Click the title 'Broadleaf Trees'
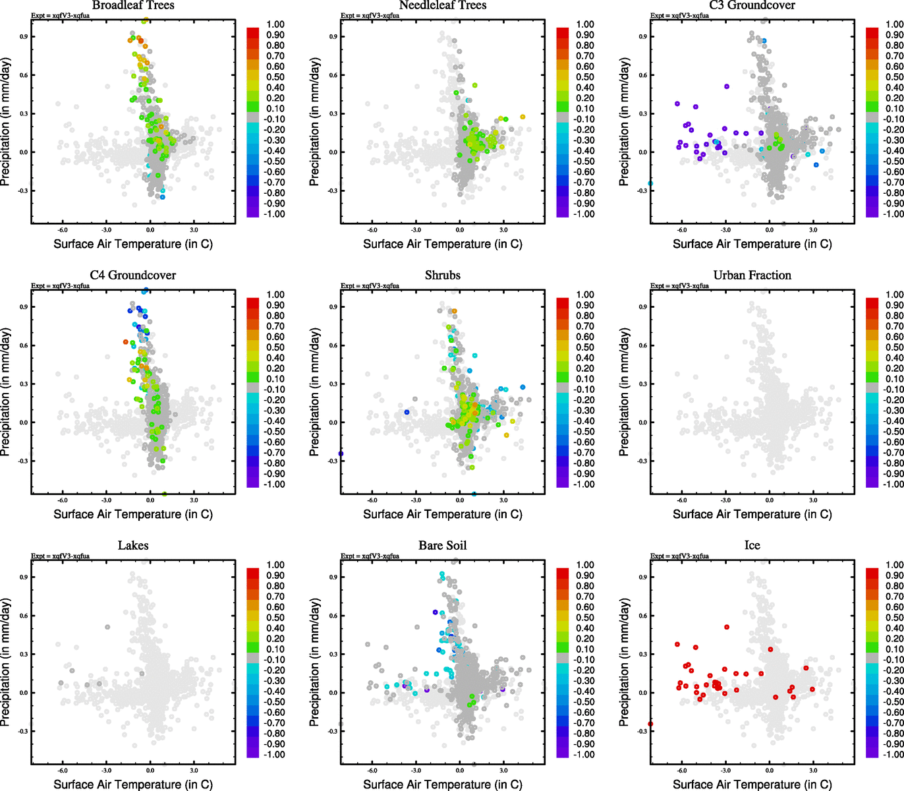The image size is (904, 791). click(x=133, y=5)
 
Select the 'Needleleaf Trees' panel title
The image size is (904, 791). click(x=443, y=5)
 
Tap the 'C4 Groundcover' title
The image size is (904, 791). click(x=133, y=276)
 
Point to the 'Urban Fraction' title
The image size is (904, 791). click(x=752, y=276)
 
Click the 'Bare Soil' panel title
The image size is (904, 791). click(x=443, y=546)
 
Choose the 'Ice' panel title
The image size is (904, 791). click(x=752, y=546)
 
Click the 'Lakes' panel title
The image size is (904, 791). click(x=133, y=546)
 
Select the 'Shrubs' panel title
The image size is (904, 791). click(x=443, y=276)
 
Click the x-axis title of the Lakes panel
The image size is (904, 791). click(x=133, y=784)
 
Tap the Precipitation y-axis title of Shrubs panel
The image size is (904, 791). click(x=314, y=393)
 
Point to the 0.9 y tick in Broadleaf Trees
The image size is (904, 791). click(x=24, y=36)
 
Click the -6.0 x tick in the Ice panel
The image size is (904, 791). click(x=682, y=771)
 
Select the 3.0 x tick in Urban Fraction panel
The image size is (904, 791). click(x=813, y=500)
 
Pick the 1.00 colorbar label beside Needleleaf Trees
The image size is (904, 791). click(x=585, y=24)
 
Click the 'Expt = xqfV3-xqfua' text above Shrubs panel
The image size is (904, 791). click(x=370, y=285)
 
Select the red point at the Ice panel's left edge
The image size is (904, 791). click(x=650, y=724)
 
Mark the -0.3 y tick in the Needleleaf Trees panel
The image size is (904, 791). click(x=333, y=190)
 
